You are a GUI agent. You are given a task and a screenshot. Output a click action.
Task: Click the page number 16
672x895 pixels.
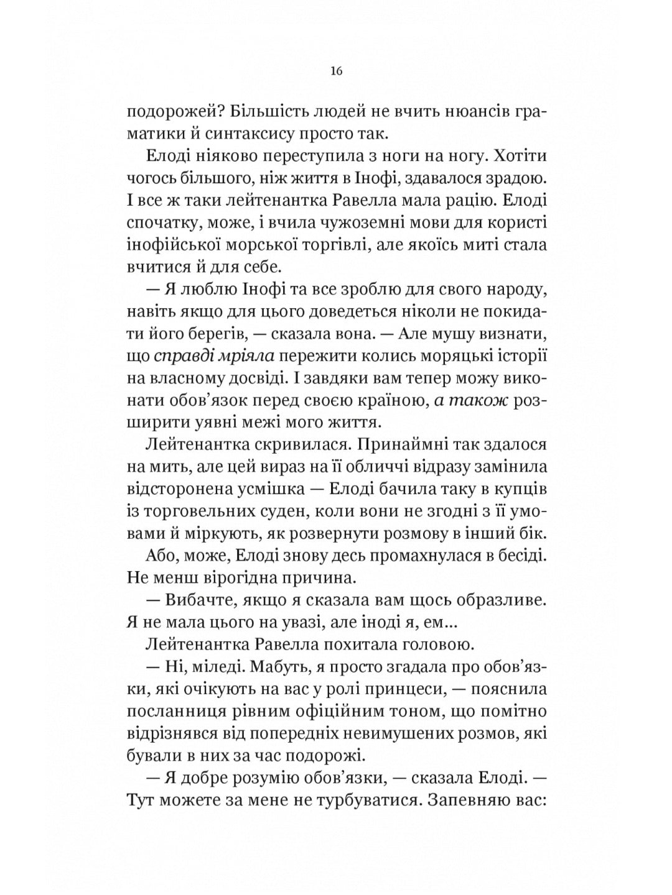(336, 70)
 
